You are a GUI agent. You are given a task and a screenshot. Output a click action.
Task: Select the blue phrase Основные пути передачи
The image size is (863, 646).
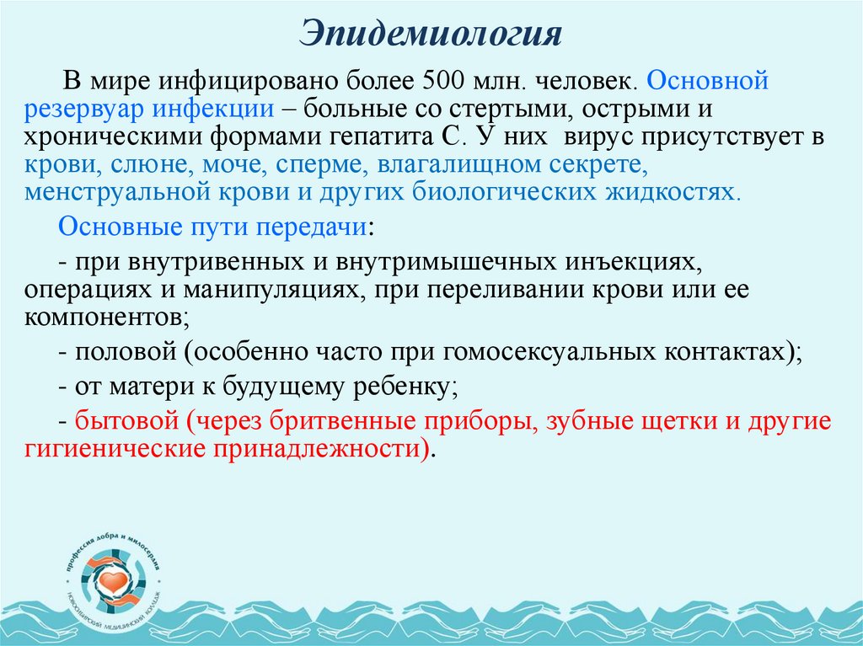[212, 228]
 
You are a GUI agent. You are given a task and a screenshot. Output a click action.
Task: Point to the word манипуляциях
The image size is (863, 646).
[277, 290]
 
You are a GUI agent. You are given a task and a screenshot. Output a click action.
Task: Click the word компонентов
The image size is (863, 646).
[102, 317]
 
